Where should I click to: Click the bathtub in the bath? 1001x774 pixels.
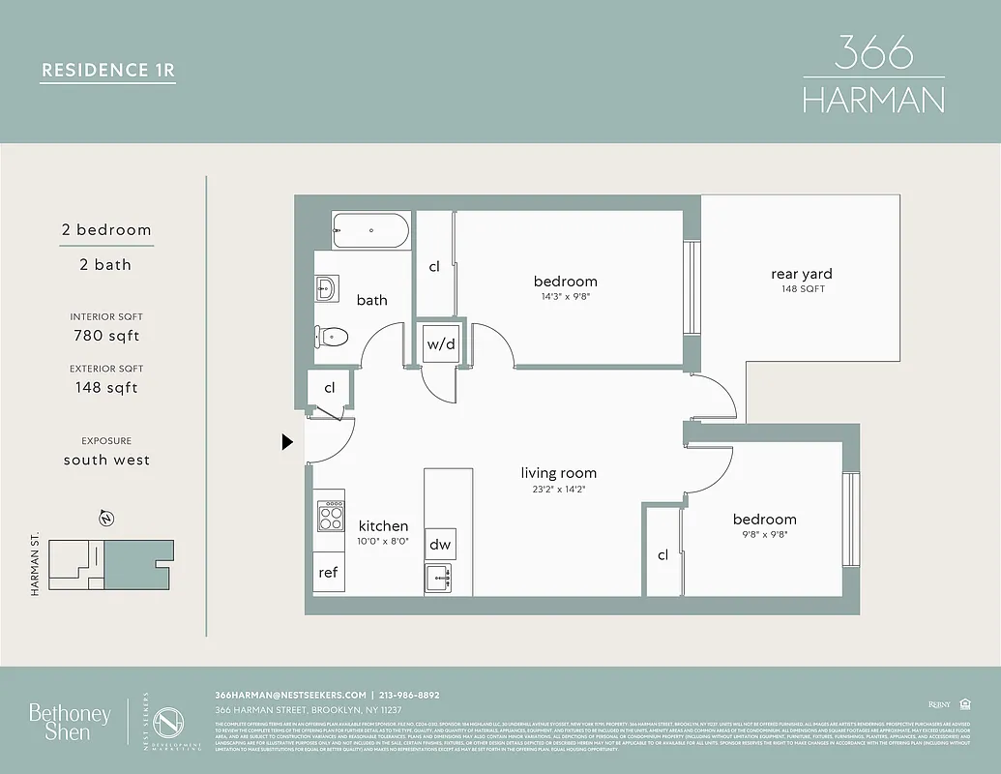(370, 231)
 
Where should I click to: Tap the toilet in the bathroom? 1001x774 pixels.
(331, 337)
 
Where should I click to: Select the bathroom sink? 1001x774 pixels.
(326, 287)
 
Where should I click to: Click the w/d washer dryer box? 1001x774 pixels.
(440, 343)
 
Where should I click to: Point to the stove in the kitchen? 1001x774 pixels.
(330, 515)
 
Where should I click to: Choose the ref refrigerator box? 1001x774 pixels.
(328, 572)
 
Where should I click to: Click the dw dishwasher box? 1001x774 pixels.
(440, 544)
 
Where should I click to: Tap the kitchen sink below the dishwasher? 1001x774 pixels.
(440, 579)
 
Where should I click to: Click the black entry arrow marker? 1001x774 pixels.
(287, 442)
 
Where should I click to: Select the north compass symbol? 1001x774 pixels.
(105, 519)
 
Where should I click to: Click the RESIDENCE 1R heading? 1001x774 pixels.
(107, 71)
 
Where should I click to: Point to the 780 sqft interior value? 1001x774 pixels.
(106, 336)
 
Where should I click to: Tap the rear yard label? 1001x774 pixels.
(801, 274)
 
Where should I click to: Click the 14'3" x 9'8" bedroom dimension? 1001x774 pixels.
(565, 297)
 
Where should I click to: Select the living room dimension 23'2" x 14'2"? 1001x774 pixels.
(558, 489)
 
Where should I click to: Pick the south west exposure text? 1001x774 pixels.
(106, 460)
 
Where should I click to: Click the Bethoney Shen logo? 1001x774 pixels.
(69, 722)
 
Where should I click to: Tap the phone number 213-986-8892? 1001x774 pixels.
(410, 695)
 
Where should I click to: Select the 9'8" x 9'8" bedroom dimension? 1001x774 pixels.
(764, 535)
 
